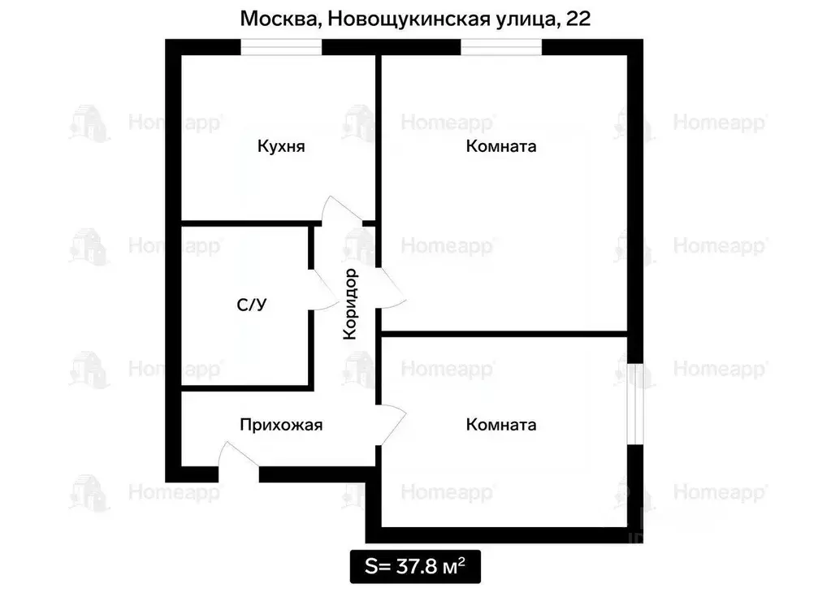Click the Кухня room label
[280, 147]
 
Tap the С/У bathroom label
[251, 305]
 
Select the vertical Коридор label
[350, 304]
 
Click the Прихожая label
[281, 424]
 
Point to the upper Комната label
[501, 147]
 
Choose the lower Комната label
[501, 424]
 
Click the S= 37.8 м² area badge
[414, 566]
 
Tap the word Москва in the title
[276, 19]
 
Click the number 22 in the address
[578, 19]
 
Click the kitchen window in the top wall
[281, 47]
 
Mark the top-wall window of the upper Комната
[501, 47]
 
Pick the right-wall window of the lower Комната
[636, 401]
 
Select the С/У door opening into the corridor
[322, 288]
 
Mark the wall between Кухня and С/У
[244, 223]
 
